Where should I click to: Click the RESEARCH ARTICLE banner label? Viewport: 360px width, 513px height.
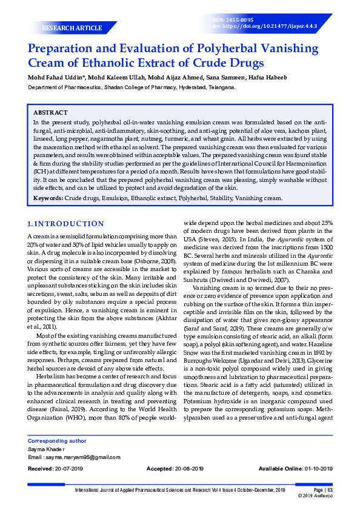72,29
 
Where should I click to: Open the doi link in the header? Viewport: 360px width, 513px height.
273,27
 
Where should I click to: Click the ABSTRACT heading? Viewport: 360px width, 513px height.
50,113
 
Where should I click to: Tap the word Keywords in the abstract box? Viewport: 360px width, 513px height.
48,198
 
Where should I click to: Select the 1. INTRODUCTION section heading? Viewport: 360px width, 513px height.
66,224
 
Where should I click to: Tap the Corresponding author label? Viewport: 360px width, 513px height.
57,441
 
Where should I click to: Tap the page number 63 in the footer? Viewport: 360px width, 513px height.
329,489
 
